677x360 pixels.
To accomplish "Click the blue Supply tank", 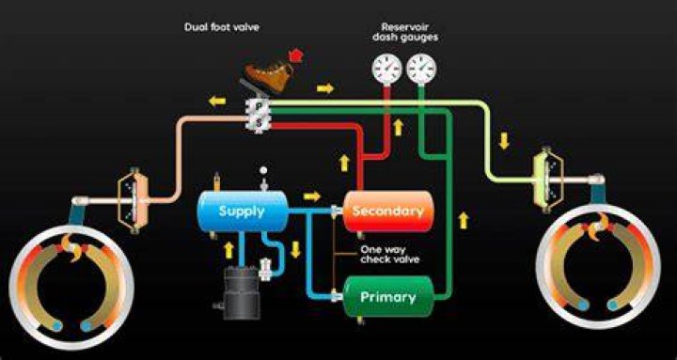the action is (x=243, y=211).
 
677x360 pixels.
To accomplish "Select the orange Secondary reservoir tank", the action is (x=387, y=211).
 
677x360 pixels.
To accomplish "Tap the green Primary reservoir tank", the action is (x=387, y=296).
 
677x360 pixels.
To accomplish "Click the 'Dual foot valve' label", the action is (x=222, y=27).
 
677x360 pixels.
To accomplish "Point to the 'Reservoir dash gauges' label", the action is (x=404, y=32).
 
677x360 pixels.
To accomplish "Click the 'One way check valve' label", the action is (x=389, y=255).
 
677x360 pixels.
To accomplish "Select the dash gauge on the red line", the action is (x=386, y=69).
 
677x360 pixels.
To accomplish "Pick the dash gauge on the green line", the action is (x=421, y=69).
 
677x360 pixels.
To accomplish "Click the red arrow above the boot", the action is (x=296, y=55).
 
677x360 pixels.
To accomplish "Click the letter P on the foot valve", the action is (x=259, y=105).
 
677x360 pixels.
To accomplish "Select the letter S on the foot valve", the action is (x=259, y=122).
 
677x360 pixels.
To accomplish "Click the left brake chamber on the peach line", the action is (x=134, y=201).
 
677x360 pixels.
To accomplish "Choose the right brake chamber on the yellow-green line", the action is (x=548, y=180).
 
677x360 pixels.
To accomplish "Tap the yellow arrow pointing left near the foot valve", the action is (x=217, y=102).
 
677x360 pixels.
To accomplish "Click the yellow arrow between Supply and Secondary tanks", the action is (x=312, y=196).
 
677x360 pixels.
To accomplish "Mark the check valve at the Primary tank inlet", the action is (x=334, y=296).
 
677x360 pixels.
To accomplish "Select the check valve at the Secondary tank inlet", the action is (x=334, y=211).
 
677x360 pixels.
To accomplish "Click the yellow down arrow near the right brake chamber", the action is (x=504, y=141).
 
